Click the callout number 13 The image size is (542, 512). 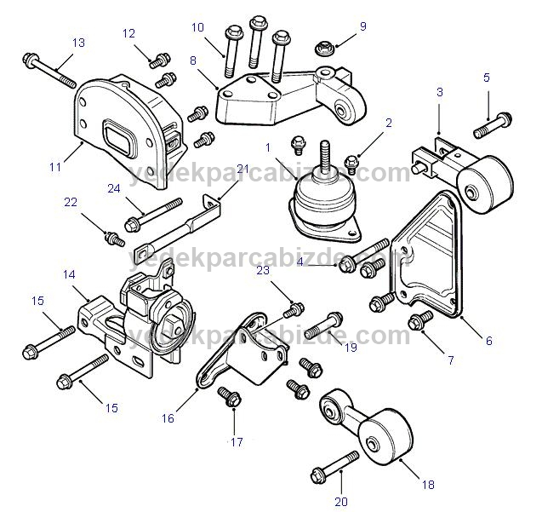tap(77, 42)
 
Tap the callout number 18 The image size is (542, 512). tap(428, 485)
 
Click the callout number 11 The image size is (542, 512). tap(54, 168)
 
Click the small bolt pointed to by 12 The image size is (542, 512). tap(157, 60)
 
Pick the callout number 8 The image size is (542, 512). tap(193, 60)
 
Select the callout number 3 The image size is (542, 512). tap(439, 91)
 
